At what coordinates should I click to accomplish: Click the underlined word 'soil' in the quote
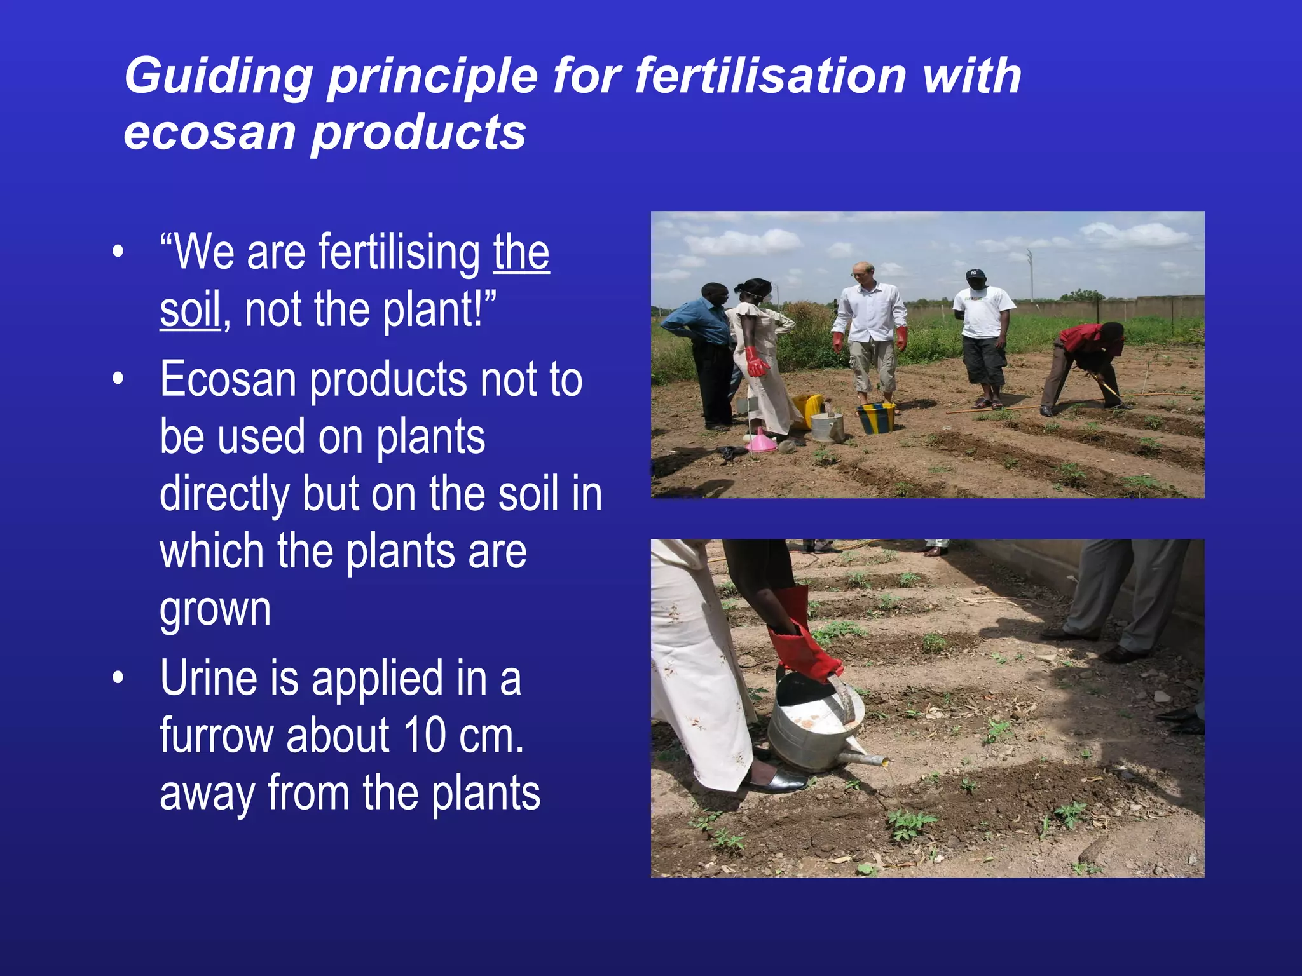(189, 310)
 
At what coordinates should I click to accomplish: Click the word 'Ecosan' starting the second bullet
(228, 380)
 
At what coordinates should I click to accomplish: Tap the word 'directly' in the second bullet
(224, 494)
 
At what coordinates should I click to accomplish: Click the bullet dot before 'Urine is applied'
(117, 679)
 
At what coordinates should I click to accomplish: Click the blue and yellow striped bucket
(876, 417)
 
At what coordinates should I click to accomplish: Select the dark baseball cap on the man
(975, 274)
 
